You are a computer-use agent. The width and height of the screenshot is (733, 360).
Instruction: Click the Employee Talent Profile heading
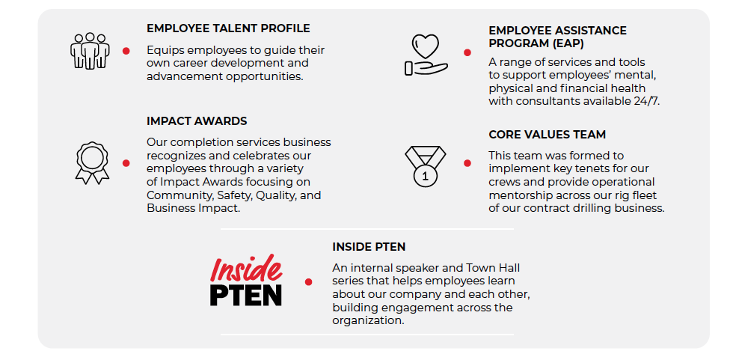(x=228, y=28)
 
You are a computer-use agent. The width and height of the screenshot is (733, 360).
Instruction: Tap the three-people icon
(x=90, y=51)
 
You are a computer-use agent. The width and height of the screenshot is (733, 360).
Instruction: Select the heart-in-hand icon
(x=426, y=55)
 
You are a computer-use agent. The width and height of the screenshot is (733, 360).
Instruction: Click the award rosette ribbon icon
(x=92, y=162)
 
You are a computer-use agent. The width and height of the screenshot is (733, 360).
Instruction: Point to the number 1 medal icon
(x=425, y=166)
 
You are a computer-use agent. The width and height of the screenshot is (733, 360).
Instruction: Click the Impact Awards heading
(x=197, y=121)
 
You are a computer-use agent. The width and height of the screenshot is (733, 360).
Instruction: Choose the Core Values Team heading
(x=547, y=135)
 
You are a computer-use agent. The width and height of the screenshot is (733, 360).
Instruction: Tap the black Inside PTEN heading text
(x=369, y=246)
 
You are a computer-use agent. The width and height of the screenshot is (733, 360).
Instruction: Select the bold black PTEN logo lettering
(x=246, y=295)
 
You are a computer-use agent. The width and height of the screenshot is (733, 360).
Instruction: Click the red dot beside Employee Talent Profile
(x=126, y=51)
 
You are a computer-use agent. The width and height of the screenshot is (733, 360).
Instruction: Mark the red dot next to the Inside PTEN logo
(x=308, y=282)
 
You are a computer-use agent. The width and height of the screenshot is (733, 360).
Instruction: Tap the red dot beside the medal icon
(x=467, y=163)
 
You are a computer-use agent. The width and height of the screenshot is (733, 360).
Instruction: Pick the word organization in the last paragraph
(x=368, y=321)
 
